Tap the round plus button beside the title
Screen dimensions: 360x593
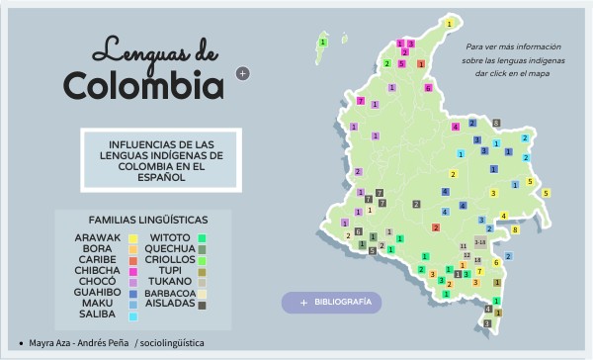tap(243, 72)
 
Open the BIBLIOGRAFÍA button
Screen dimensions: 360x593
tap(331, 302)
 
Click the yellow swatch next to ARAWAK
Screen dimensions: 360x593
tap(132, 238)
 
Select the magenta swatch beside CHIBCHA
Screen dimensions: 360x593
tap(132, 270)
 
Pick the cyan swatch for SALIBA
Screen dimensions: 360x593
tap(132, 316)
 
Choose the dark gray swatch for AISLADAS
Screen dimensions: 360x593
tap(203, 305)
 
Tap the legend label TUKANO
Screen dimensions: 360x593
tap(167, 281)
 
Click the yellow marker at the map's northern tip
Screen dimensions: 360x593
tap(450, 23)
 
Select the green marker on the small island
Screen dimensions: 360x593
tap(323, 43)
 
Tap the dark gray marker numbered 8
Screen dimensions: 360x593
tap(496, 123)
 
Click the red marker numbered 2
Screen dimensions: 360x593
tap(436, 227)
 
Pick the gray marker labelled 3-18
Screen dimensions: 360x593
tap(480, 241)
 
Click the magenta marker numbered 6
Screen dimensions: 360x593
tap(428, 88)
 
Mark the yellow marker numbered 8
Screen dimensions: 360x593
tap(515, 229)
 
